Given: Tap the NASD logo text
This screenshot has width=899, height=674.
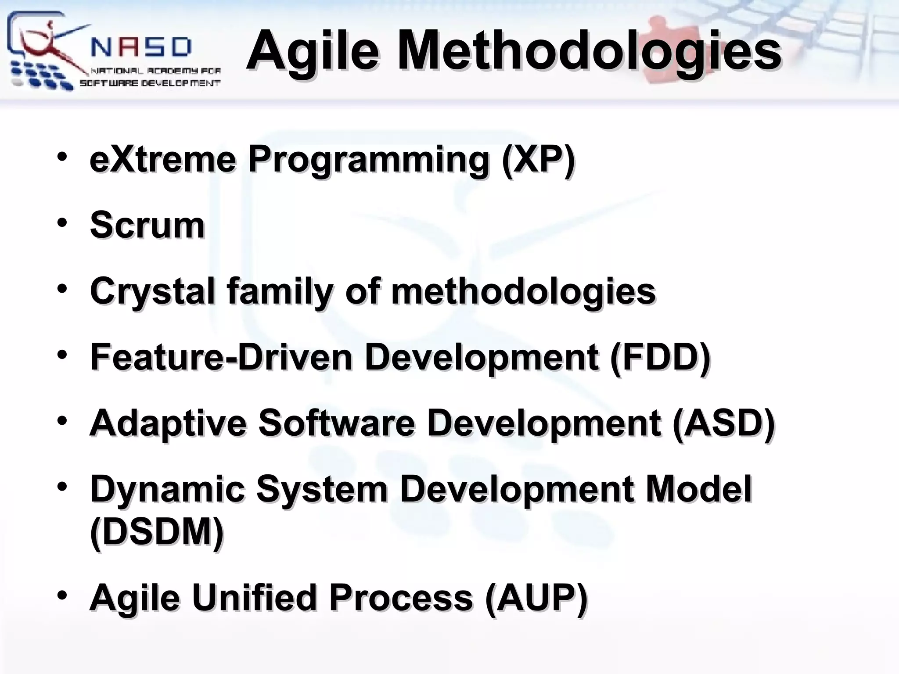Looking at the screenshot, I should [141, 47].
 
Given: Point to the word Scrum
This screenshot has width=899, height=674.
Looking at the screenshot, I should [147, 226].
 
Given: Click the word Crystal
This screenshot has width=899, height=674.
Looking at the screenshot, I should [153, 291].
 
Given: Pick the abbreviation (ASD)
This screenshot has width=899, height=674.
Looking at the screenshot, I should [723, 423].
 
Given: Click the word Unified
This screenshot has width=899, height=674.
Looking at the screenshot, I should [254, 598].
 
